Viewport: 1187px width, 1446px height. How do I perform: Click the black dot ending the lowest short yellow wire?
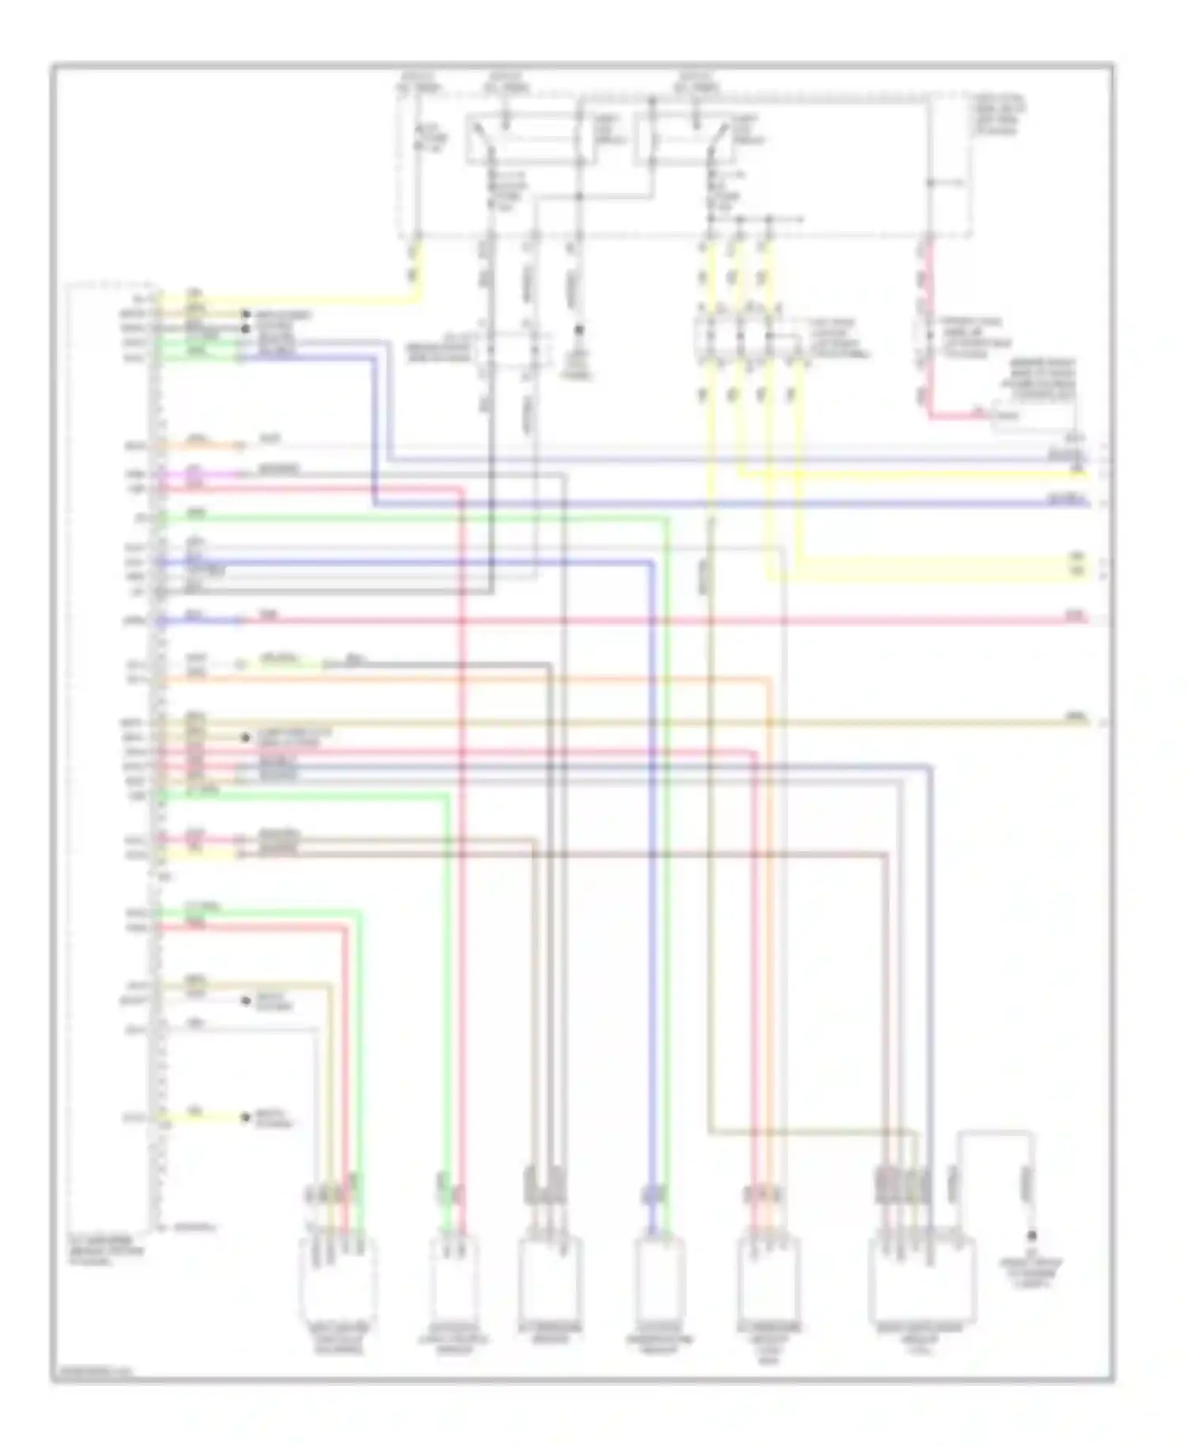245,1118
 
